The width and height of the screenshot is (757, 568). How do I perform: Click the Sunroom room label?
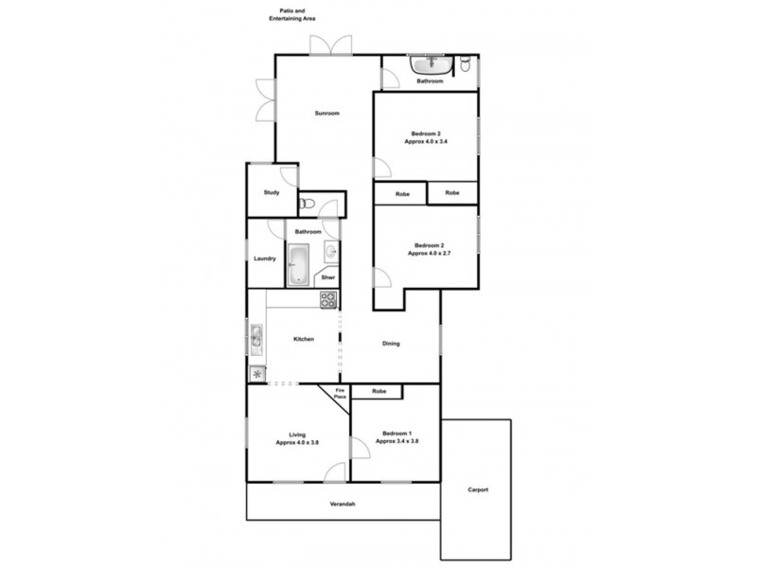click(326, 114)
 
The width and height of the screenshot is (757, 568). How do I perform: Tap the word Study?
click(272, 193)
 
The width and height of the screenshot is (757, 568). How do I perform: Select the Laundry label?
click(265, 258)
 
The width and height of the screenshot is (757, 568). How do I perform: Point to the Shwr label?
click(328, 277)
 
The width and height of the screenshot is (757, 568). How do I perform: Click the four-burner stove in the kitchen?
click(328, 300)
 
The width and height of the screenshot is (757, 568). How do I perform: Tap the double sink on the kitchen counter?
click(255, 336)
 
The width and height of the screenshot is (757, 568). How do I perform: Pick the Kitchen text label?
click(303, 339)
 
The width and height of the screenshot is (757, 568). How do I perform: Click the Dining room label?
click(391, 344)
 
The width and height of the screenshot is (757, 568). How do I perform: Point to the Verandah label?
click(343, 503)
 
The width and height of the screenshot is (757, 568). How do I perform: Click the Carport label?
click(477, 489)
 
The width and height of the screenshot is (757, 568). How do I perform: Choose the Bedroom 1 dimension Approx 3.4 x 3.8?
click(396, 441)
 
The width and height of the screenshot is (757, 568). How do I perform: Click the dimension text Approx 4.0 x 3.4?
click(426, 141)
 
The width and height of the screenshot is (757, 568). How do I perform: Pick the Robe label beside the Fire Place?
click(378, 391)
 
